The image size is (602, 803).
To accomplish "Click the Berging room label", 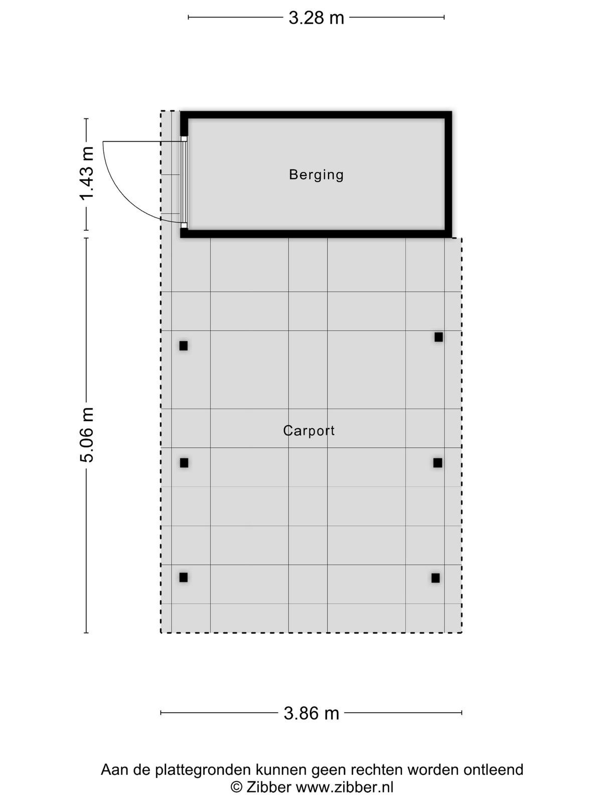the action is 316,175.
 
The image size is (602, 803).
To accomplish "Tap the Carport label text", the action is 309,431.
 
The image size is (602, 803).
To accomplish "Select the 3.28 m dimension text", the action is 317,18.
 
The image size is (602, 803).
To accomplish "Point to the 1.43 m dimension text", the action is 87,174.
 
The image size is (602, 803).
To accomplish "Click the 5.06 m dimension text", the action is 87,435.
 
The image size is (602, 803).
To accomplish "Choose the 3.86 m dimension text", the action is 312,713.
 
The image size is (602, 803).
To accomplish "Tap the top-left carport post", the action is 184,346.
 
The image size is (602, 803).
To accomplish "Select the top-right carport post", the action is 438,337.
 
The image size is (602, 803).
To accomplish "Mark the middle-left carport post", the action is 184,463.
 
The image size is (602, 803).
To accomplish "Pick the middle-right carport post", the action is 437,463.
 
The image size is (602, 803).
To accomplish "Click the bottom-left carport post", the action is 184,577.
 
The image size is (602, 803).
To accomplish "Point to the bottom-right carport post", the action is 435,578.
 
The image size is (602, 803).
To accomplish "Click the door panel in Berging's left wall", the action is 184,182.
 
